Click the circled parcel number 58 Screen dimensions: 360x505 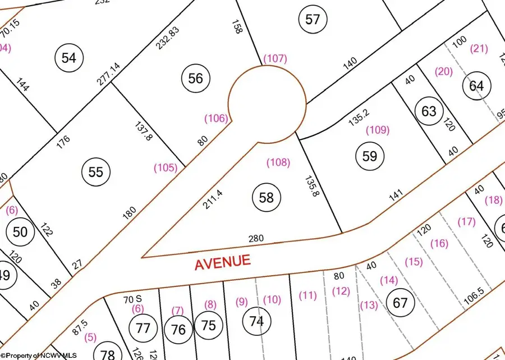pyautogui.click(x=267, y=197)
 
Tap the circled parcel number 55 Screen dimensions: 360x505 pyautogui.click(x=96, y=172)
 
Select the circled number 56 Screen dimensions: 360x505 pyautogui.click(x=195, y=79)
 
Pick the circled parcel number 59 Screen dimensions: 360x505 pyautogui.click(x=370, y=156)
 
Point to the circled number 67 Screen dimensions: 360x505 pyautogui.click(x=400, y=303)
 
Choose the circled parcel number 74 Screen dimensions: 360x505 pyautogui.click(x=256, y=321)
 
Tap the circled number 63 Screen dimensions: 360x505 pyautogui.click(x=429, y=111)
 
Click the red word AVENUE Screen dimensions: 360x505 pyautogui.click(x=222, y=262)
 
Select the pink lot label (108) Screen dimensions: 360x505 pyautogui.click(x=278, y=163)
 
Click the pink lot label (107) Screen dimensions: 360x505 pyautogui.click(x=275, y=58)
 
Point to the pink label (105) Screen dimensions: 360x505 pyautogui.click(x=166, y=167)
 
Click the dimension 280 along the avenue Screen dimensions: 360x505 pyautogui.click(x=256, y=239)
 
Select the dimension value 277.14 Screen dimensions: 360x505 pyautogui.click(x=108, y=74)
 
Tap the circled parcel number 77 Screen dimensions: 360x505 pyautogui.click(x=144, y=327)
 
